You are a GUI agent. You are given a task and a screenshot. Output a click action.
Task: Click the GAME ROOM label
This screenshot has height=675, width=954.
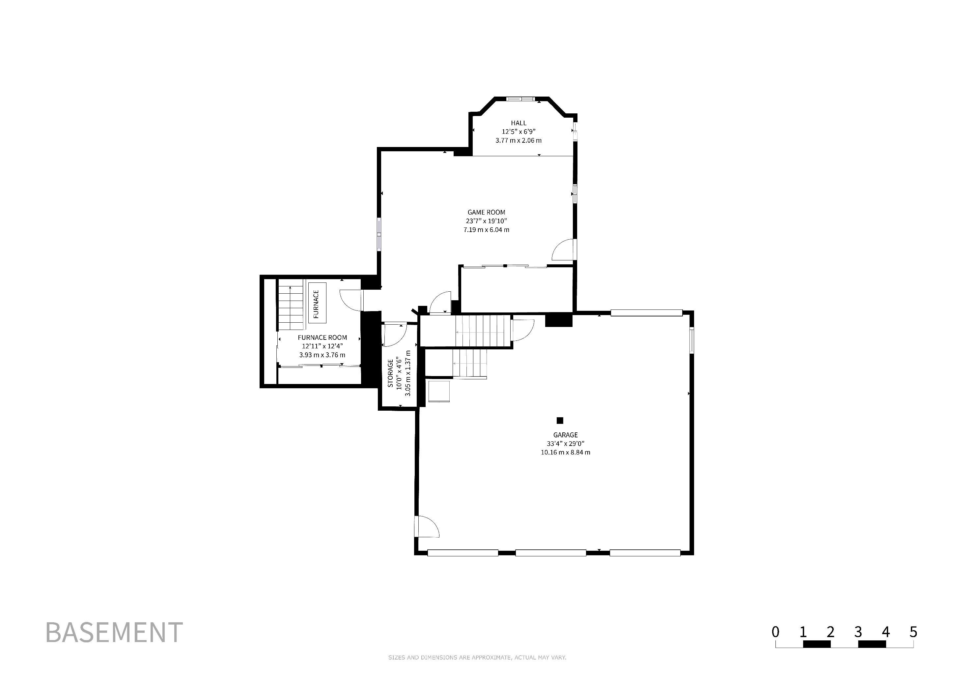486,212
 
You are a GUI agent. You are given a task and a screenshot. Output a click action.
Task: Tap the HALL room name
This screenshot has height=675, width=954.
519,123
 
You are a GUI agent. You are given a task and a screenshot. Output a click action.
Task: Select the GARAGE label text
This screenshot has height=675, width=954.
565,435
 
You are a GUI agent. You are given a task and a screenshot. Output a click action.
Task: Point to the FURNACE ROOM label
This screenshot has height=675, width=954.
322,337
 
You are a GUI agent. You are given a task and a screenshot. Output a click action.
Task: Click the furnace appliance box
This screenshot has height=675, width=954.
317,304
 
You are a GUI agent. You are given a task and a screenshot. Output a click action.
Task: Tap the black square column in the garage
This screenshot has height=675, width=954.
560,420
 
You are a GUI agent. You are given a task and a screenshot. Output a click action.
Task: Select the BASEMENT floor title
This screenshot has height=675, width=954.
114,632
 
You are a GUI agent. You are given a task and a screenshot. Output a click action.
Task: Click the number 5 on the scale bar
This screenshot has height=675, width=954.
913,632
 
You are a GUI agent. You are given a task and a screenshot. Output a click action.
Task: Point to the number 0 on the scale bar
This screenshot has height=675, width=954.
775,632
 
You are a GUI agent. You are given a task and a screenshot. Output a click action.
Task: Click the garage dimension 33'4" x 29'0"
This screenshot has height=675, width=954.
565,444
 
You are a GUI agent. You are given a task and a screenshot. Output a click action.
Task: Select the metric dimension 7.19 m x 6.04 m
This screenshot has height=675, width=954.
486,230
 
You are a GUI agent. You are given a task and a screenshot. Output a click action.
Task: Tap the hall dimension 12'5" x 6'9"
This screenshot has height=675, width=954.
519,132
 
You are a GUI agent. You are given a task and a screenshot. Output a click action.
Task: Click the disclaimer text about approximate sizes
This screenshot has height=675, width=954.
477,658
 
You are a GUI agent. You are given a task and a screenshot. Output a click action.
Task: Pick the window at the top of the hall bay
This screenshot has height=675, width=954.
520,99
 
